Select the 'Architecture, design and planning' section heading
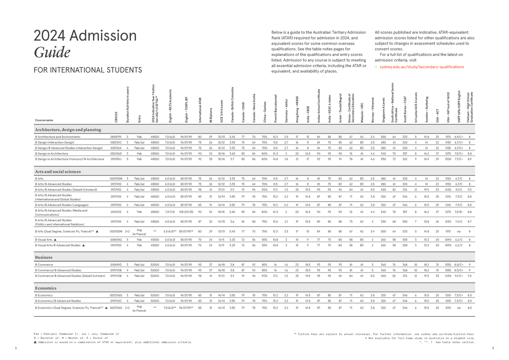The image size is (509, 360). pyautogui.click(x=68, y=129)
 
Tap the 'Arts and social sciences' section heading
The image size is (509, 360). pyautogui.click(x=57, y=172)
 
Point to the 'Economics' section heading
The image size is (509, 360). pyautogui.click(x=46, y=288)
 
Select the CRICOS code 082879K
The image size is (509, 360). pyautogui.click(x=116, y=137)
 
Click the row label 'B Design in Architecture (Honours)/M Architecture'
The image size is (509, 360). pyautogui.click(x=69, y=159)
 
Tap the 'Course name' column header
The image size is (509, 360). pyautogui.click(x=44, y=120)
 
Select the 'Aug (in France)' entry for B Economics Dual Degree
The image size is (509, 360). pyautogui.click(x=139, y=308)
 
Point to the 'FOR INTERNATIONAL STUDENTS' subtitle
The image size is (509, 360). pyautogui.click(x=87, y=70)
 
